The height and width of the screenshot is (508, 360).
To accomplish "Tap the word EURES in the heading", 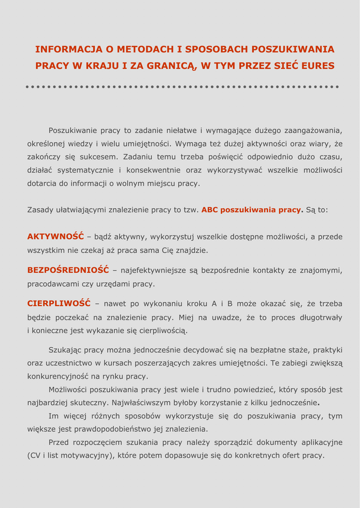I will point(318,66).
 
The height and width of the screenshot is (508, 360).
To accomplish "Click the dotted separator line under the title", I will point(182,87).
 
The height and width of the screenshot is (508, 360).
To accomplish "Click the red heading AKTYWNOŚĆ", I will point(56,237).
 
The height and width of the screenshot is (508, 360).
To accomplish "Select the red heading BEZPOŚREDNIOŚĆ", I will point(68,270).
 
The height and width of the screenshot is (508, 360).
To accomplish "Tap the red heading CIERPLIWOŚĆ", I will point(59,304).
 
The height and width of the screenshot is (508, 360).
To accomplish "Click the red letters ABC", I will point(210,210).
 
